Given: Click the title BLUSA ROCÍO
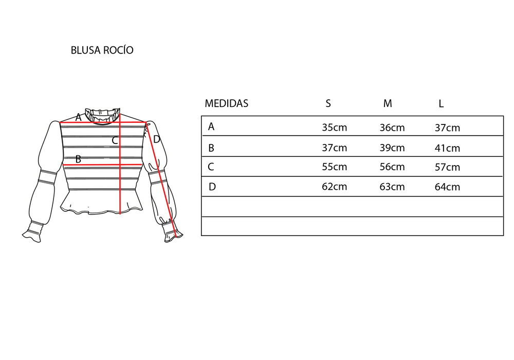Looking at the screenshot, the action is [102, 50].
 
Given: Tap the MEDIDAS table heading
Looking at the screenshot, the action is [227, 103].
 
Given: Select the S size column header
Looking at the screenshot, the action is [328, 103].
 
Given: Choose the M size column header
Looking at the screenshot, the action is [388, 103].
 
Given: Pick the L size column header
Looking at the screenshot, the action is [441, 104].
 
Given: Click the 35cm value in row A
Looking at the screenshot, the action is [335, 127].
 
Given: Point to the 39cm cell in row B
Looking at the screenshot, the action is [392, 148].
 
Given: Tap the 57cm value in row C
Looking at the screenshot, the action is [447, 167].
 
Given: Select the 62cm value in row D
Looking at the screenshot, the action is [335, 187].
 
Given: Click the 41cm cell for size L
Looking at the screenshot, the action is [447, 148].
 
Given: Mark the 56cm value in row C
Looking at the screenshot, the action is [392, 167].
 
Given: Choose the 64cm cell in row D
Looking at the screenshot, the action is [447, 187].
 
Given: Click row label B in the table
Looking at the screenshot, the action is [211, 148].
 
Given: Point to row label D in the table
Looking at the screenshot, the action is [212, 187].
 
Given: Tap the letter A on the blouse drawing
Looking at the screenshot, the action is [78, 117].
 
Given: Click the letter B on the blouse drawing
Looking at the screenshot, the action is [78, 159].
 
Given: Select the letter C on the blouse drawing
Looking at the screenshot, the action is [115, 140].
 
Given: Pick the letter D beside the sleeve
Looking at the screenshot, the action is [156, 139].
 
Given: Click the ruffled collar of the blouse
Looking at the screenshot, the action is [102, 116].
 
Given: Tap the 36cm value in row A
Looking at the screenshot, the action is [392, 128].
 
